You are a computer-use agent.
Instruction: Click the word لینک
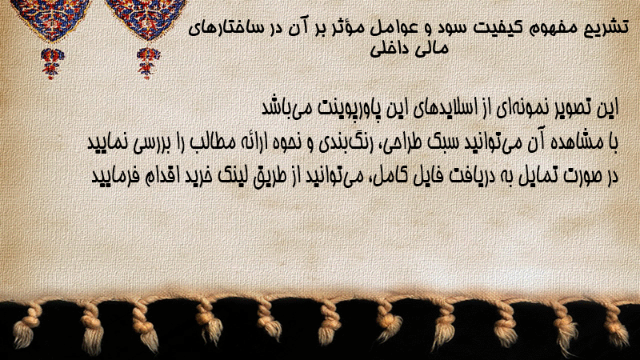[230, 176]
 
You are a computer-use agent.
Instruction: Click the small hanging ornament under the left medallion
[52, 63]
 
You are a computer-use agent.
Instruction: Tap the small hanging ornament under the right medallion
[148, 63]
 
